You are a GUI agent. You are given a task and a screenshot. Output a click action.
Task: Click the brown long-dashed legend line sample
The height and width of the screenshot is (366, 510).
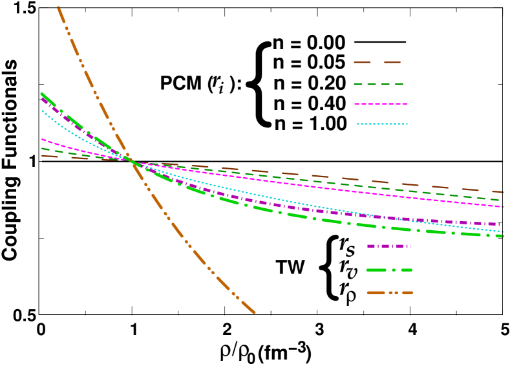click(377, 63)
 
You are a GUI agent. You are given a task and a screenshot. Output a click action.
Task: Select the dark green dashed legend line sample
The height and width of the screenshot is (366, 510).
click(379, 84)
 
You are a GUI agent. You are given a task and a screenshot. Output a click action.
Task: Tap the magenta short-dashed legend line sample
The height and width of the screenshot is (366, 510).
click(381, 103)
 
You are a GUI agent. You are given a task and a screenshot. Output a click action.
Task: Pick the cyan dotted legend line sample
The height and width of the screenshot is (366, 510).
click(381, 124)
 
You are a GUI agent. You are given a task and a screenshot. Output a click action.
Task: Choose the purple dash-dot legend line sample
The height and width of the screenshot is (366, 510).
click(388, 246)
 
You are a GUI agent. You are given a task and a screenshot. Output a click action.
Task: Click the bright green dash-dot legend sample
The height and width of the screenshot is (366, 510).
click(389, 270)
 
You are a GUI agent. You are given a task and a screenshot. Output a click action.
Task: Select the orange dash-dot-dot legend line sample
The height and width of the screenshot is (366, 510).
click(390, 293)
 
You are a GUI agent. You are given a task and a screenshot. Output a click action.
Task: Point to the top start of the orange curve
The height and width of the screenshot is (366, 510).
click(58, 7)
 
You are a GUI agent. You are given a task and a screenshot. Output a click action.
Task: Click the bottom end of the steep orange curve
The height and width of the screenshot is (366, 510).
click(255, 313)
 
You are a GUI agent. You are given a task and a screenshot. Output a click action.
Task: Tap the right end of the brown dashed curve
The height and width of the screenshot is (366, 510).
click(503, 192)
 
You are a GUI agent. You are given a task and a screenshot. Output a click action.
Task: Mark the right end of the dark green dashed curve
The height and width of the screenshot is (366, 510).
click(503, 200)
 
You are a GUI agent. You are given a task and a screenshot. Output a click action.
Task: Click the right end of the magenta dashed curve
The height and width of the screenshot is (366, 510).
click(503, 207)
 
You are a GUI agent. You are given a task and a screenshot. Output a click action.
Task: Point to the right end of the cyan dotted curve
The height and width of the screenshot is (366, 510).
click(503, 231)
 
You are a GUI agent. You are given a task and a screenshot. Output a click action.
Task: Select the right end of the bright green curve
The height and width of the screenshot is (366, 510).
click(503, 236)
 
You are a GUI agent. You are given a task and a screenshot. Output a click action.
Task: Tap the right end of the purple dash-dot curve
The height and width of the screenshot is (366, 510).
click(499, 224)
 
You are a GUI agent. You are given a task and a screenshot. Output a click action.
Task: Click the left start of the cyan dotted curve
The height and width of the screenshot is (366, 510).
click(42, 111)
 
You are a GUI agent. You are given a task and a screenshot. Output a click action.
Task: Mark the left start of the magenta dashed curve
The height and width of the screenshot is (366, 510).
click(42, 139)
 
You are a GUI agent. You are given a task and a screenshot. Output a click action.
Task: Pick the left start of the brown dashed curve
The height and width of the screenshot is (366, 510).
click(42, 156)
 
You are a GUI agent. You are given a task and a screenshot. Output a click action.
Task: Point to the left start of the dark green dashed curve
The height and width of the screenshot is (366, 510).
click(42, 149)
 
